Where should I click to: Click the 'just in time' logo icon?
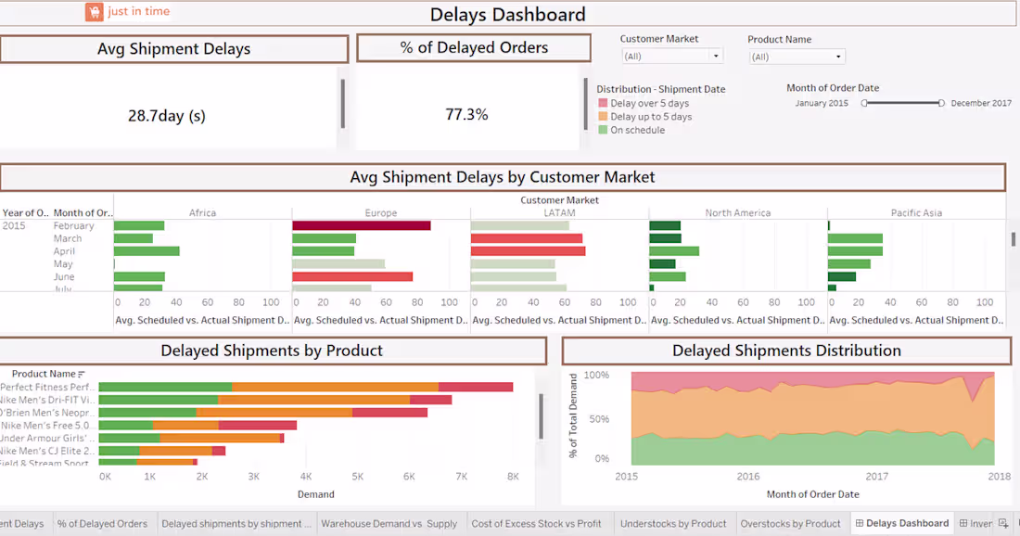94,12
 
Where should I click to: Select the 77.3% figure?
466,115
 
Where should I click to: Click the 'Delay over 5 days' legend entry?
649,104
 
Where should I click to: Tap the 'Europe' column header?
380,213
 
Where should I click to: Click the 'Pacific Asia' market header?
916,213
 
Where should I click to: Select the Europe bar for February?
361,225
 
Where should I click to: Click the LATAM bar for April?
528,251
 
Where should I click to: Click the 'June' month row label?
64,276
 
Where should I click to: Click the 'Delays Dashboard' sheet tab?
906,524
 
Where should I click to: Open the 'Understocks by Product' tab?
672,524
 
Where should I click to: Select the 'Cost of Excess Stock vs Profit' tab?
536,524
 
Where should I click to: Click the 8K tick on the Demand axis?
512,477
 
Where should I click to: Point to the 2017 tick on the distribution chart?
876,477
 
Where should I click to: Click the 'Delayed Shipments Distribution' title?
786,351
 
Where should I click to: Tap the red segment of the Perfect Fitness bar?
475,387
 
